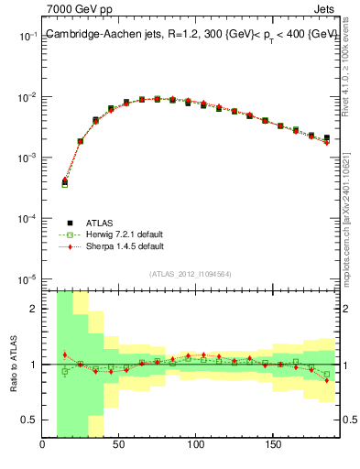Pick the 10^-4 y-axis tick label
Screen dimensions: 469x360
pos(27,219)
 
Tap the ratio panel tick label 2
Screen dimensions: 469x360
pos(33,309)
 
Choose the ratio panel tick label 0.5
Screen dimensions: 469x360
pos(28,420)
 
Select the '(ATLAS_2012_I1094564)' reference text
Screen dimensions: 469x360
pos(190,274)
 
